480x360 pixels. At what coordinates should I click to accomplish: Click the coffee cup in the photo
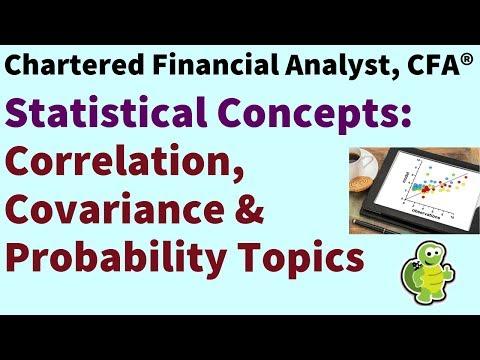click(365, 161)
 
